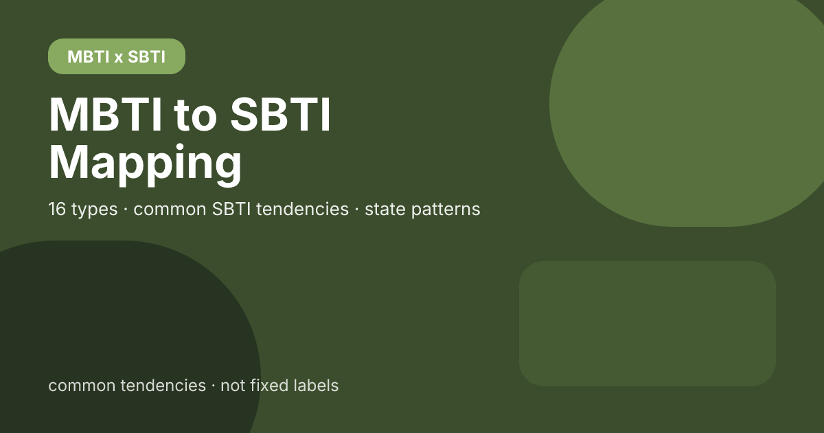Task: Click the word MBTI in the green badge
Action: coord(89,56)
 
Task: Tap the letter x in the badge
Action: coord(118,58)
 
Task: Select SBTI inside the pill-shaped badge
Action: coord(146,56)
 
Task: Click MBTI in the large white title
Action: coord(106,114)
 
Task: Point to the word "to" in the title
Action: coord(195,115)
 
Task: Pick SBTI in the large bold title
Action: coord(281,114)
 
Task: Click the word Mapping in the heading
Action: coord(146,163)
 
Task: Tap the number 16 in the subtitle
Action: coord(57,209)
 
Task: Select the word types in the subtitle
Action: coord(95,210)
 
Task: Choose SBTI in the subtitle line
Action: coord(232,209)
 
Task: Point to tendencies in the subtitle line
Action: coord(302,209)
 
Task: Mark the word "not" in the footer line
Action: coord(233,386)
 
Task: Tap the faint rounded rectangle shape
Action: coord(648,324)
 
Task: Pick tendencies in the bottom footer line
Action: coord(163,386)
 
